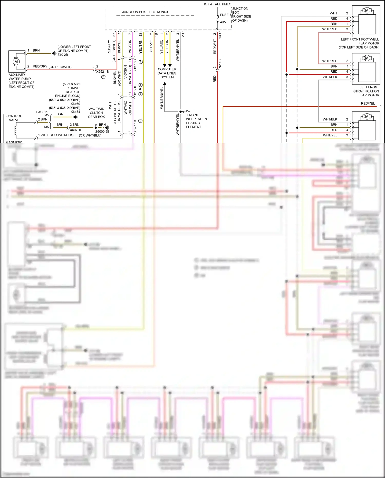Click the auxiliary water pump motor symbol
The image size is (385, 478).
16,62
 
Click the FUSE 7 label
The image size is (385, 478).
225,15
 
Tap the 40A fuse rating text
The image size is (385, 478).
223,22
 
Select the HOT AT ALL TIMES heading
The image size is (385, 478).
217,4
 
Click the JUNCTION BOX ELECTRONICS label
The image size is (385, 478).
146,12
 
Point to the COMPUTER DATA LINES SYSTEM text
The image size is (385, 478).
167,73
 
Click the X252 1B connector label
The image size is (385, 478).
102,72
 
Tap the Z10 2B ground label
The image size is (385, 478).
63,55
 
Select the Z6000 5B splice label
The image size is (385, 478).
102,132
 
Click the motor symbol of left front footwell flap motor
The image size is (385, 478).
367,11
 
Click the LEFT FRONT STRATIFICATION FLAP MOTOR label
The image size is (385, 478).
366,91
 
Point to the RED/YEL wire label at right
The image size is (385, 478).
368,104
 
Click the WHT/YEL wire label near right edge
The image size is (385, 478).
330,135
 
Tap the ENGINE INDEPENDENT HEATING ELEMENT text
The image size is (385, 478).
197,121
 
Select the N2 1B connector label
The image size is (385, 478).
220,64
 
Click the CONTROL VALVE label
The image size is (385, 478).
14,118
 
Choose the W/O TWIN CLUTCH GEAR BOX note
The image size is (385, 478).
96,113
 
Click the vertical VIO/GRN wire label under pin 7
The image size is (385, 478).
130,46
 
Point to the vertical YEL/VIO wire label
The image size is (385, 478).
151,46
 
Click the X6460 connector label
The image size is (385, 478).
75,104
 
